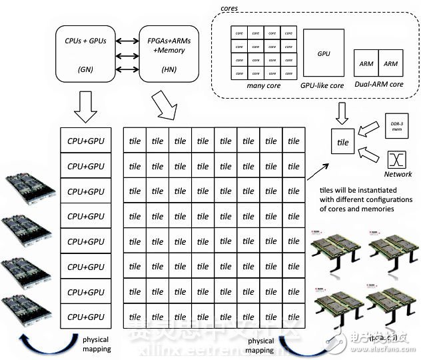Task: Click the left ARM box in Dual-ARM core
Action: coord(366,64)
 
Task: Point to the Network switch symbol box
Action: coord(398,159)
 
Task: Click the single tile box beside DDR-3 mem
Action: coord(343,142)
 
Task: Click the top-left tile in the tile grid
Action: coord(135,141)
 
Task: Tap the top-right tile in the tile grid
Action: coord(293,141)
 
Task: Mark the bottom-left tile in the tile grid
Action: coord(135,317)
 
